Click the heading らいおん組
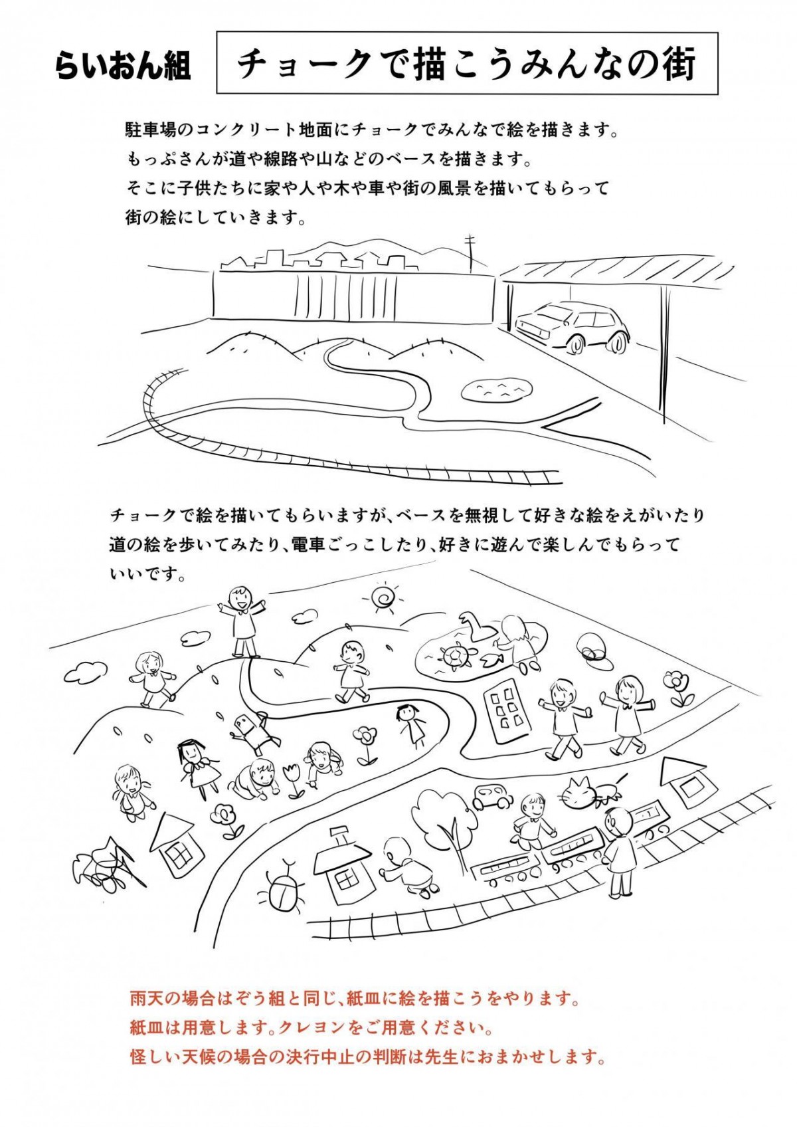coord(124,66)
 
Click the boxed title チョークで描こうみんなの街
coord(467,65)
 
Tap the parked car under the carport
coord(572,326)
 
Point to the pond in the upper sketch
coord(497,390)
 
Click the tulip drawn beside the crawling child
coord(294,780)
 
